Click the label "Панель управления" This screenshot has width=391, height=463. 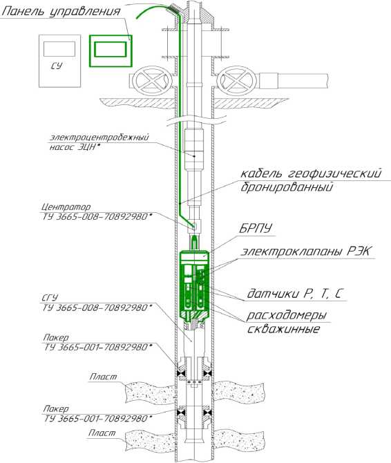pyautogui.click(x=61, y=12)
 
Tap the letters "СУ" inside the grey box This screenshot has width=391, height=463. pyautogui.click(x=57, y=66)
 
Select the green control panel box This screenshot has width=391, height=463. pyautogui.click(x=111, y=50)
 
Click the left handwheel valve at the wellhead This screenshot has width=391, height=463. pyautogui.click(x=152, y=79)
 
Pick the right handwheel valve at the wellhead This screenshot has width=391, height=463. pyautogui.click(x=237, y=79)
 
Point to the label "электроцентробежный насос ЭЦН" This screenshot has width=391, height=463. pyautogui.click(x=99, y=142)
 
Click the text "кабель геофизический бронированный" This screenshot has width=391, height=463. pyautogui.click(x=311, y=180)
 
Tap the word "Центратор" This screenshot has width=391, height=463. pyautogui.click(x=66, y=207)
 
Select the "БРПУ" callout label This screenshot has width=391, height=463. pyautogui.click(x=256, y=228)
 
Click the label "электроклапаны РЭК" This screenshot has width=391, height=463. pyautogui.click(x=307, y=252)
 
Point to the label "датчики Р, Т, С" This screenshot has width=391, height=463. pyautogui.click(x=295, y=294)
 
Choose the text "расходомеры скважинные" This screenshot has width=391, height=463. pyautogui.click(x=286, y=322)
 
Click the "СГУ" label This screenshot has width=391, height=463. pyautogui.click(x=50, y=298)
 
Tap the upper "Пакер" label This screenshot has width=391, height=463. pyautogui.click(x=56, y=337)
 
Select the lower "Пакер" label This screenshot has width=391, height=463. pyautogui.click(x=56, y=409)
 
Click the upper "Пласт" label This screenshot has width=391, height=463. pyautogui.click(x=103, y=377)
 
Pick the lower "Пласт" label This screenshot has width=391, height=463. pyautogui.click(x=102, y=433)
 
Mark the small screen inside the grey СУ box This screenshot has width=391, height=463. pyautogui.click(x=59, y=49)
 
